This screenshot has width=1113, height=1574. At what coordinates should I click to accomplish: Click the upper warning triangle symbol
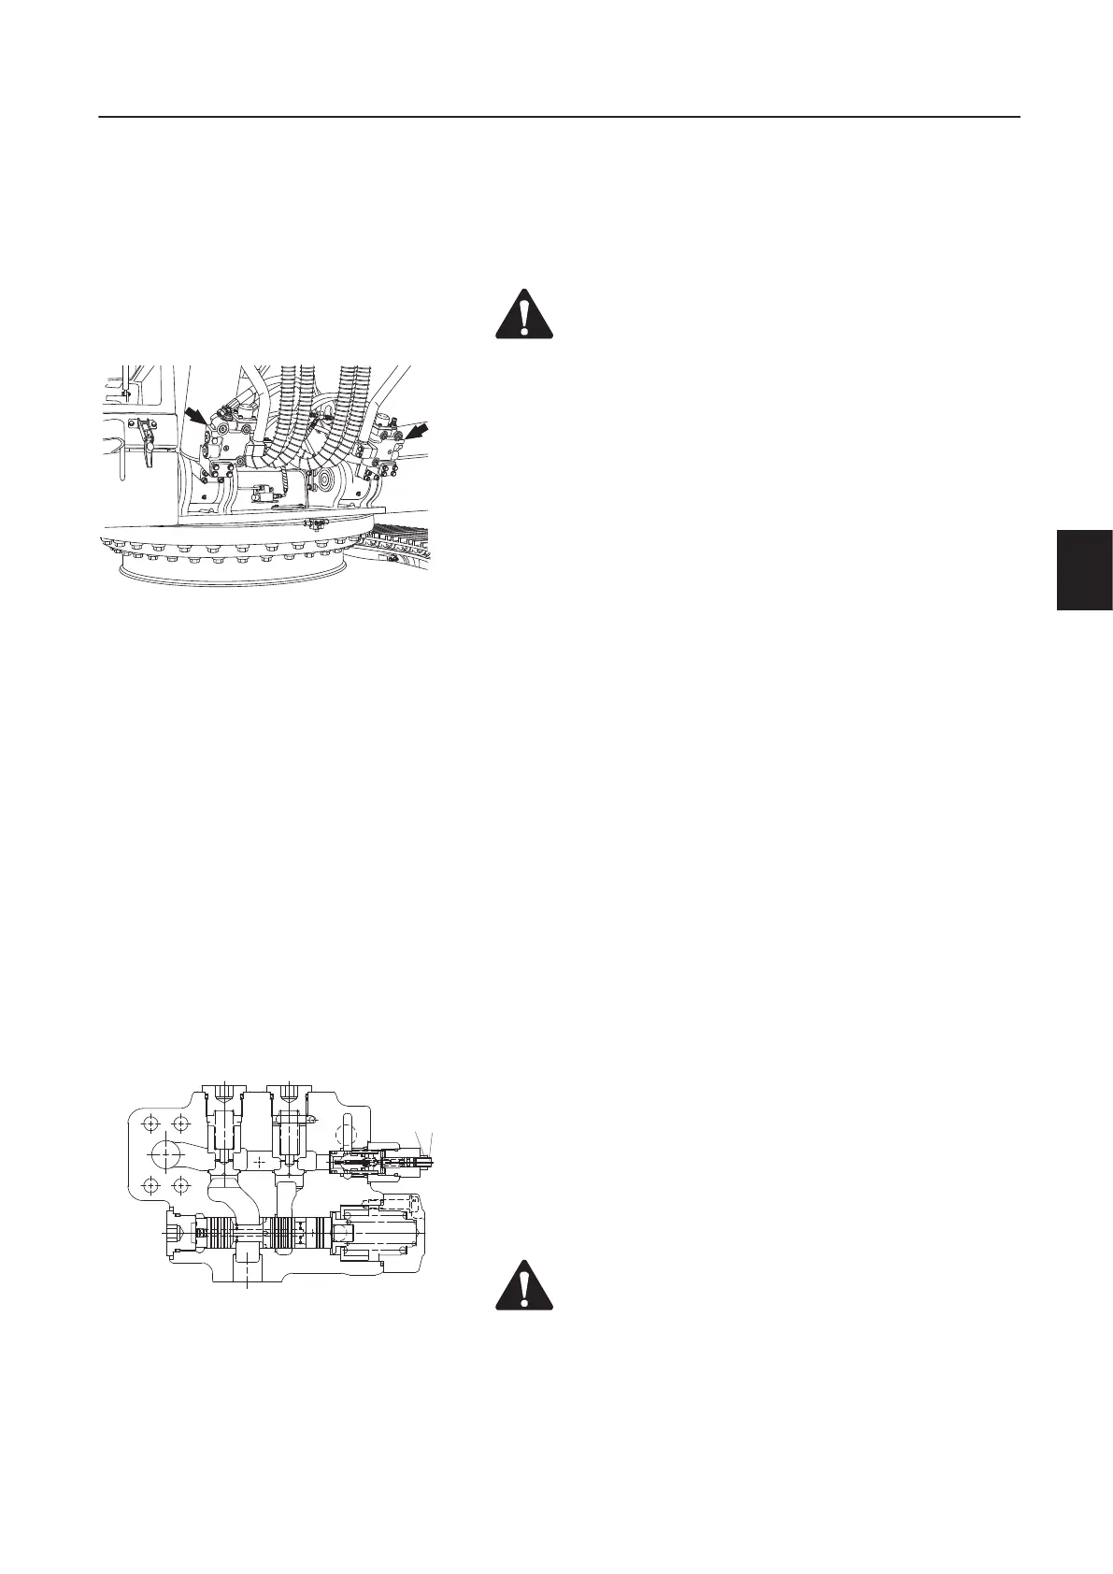(x=523, y=313)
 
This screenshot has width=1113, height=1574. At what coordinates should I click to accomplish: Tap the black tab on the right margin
(x=1084, y=569)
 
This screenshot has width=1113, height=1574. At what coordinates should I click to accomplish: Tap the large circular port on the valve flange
(x=166, y=1153)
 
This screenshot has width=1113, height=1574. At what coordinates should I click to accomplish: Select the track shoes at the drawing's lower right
(x=392, y=545)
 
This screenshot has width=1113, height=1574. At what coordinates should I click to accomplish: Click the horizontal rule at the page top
(x=559, y=118)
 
